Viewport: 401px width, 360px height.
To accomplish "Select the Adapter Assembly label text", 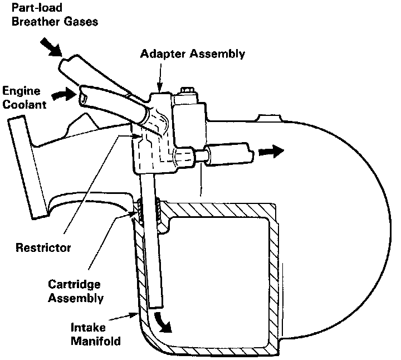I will [193, 54].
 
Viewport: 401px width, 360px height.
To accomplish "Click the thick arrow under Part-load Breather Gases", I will [53, 48].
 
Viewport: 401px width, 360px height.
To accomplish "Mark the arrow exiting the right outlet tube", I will [273, 151].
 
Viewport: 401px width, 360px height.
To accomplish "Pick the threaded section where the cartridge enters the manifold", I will [148, 210].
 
